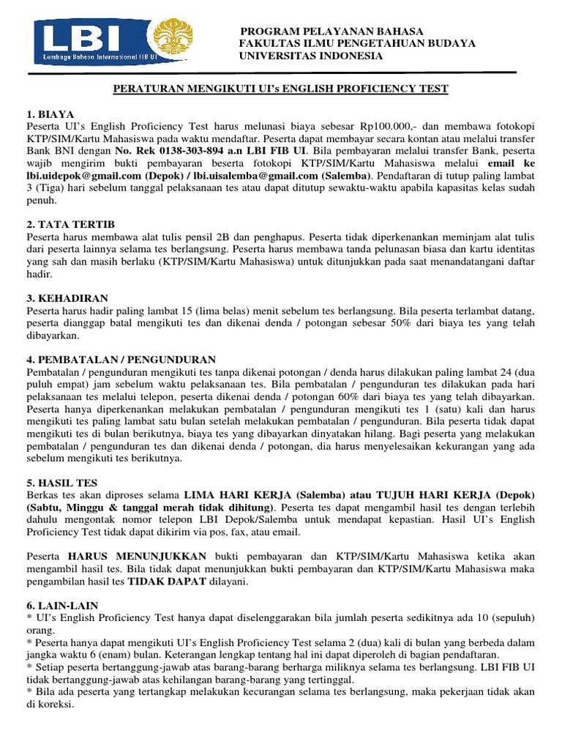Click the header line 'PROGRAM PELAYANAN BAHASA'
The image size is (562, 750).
(x=332, y=31)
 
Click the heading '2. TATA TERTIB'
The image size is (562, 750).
(x=71, y=223)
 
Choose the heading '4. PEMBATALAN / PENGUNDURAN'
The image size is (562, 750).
(x=121, y=360)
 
